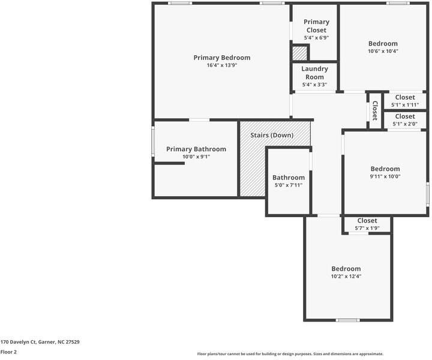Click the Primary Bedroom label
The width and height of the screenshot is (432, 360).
(x=221, y=58)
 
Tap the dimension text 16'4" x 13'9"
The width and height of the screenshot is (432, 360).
(x=221, y=65)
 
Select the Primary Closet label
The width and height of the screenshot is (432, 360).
(x=316, y=26)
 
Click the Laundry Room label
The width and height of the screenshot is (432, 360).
(x=314, y=73)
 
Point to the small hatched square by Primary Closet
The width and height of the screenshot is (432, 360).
(x=299, y=53)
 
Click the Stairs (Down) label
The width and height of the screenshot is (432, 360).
(x=272, y=135)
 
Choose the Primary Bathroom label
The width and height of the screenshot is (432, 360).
(x=196, y=149)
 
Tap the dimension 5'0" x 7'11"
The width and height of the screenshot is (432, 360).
(x=288, y=185)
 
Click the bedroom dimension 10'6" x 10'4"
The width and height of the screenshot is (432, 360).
(x=383, y=51)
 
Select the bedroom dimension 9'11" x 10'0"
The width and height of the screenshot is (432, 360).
(x=385, y=176)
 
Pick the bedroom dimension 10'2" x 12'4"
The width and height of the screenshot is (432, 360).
(x=346, y=277)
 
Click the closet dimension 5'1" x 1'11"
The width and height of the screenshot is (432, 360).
(x=405, y=105)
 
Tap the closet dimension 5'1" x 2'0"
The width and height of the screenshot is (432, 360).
(x=405, y=124)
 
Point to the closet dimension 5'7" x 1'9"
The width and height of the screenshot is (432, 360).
(x=367, y=229)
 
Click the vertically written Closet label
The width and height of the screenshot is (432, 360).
(x=375, y=110)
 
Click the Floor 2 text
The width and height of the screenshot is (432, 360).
(x=8, y=352)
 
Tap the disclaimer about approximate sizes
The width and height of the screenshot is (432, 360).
(x=290, y=354)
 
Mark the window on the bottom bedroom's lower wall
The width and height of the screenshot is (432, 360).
(x=347, y=320)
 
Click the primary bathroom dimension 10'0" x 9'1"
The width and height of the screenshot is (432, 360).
(x=196, y=157)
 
